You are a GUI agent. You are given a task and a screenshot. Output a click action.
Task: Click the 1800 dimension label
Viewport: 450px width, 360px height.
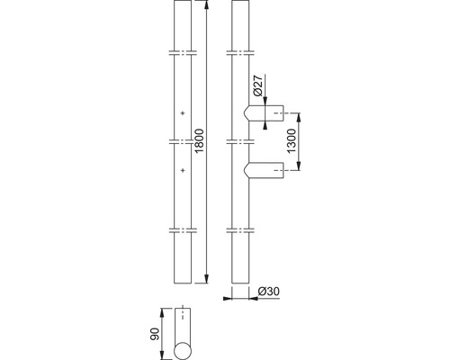tap(200, 140)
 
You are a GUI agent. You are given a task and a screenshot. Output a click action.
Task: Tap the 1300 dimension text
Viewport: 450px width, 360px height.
tap(292, 141)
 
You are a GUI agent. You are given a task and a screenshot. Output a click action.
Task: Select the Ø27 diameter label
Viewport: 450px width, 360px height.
tap(258, 85)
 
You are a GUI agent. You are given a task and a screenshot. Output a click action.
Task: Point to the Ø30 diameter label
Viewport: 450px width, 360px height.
tap(269, 292)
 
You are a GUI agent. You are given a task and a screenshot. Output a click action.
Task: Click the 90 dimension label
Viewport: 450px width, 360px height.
tap(155, 334)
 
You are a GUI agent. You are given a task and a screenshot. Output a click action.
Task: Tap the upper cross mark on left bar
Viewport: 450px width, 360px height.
tap(183, 113)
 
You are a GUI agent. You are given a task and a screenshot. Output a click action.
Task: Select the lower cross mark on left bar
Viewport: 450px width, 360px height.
tap(183, 170)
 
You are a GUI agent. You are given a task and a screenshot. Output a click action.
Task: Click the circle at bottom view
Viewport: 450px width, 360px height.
tap(183, 351)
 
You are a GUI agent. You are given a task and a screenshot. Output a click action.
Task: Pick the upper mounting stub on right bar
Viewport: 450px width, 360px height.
tap(264, 113)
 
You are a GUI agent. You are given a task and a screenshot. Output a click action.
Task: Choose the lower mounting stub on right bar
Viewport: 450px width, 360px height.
tap(264, 170)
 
